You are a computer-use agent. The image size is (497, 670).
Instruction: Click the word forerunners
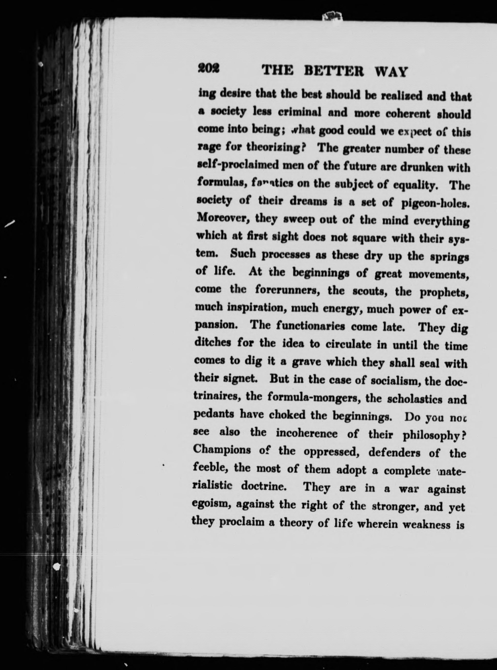coord(289,290)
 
